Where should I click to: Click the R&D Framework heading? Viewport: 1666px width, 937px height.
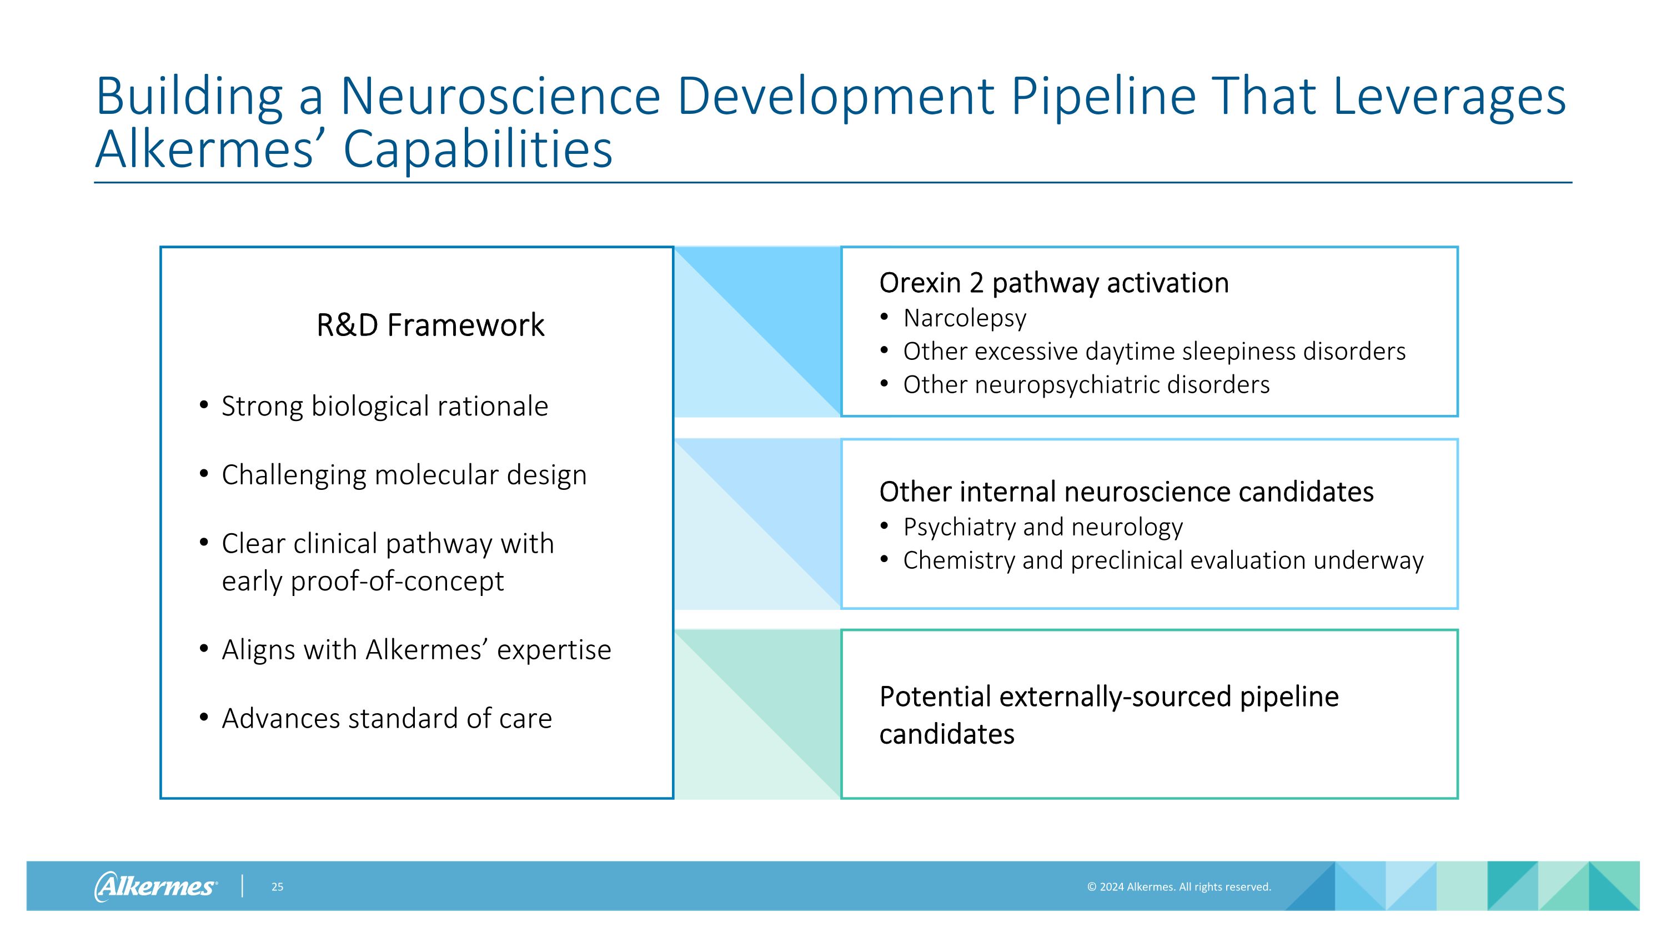[x=430, y=324]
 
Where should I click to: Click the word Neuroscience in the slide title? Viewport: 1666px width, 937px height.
[x=499, y=96]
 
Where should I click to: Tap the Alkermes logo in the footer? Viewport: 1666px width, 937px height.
[x=155, y=886]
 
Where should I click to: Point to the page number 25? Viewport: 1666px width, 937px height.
[x=277, y=886]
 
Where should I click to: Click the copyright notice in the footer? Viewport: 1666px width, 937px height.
[x=1178, y=886]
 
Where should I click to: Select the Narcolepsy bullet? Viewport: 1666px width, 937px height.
[x=964, y=318]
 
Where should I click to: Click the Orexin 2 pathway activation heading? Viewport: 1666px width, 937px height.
[x=1053, y=283]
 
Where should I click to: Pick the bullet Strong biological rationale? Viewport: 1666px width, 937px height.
[x=384, y=406]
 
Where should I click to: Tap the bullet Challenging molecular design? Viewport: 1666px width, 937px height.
[x=404, y=475]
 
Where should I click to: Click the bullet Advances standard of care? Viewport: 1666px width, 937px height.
[x=386, y=718]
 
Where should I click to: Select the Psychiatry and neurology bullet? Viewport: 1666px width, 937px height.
[x=1042, y=527]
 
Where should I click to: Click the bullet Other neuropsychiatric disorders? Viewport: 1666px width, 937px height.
[x=1086, y=384]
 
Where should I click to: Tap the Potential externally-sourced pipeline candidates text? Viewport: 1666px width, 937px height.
[x=1108, y=714]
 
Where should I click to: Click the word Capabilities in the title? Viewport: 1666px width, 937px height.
[x=477, y=149]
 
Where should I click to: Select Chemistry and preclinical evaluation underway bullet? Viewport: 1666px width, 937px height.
[x=1163, y=560]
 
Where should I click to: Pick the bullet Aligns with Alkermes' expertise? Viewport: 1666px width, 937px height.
[x=416, y=649]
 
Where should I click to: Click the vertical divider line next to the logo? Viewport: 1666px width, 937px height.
[x=243, y=886]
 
